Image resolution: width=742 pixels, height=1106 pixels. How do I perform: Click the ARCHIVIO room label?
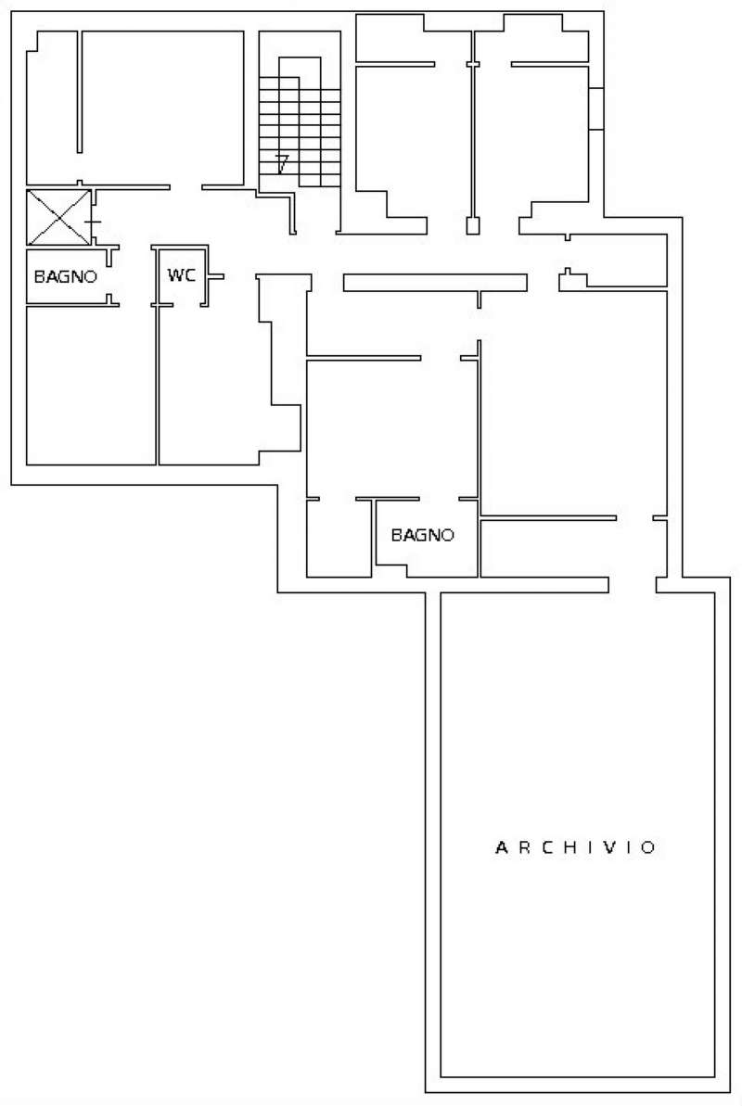575,847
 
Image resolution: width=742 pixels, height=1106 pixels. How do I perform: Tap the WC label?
182,275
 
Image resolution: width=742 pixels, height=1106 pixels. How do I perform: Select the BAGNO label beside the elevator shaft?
65,276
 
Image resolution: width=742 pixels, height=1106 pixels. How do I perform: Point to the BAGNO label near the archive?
422,535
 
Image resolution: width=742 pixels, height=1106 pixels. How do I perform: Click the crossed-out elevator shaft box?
58,217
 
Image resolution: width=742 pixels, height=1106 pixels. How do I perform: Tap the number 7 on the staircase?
282,164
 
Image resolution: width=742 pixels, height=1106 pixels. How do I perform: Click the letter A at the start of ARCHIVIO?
502,847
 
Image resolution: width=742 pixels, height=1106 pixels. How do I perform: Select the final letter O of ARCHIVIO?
649,847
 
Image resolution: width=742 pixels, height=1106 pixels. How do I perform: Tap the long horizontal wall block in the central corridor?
435,282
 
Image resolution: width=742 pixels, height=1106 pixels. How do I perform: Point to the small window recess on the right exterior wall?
596,108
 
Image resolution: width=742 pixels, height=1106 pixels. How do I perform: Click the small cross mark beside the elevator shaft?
93,222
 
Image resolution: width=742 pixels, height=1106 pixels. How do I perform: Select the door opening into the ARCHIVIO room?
633,585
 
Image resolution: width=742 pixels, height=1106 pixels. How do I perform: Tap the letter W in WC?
174,275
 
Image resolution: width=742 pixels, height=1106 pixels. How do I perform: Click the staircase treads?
300,132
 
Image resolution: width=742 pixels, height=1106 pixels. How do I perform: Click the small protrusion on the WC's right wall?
216,276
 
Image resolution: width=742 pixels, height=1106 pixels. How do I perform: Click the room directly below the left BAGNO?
91,385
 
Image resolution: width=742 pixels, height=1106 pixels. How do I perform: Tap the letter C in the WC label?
190,275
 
